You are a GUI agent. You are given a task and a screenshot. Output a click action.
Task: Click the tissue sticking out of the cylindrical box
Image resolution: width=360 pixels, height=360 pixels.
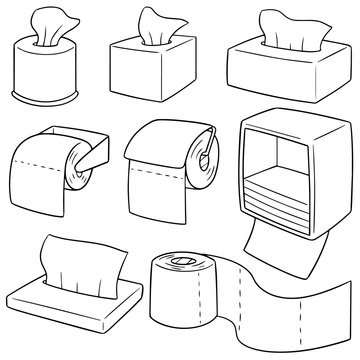pyautogui.click(x=42, y=27)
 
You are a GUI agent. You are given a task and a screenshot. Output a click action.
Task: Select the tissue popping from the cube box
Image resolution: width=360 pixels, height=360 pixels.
pyautogui.click(x=151, y=25)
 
